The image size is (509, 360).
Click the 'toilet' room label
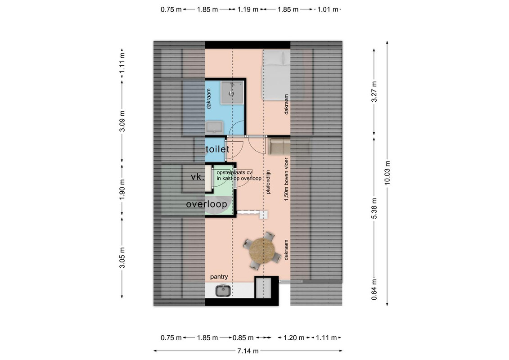tap(217, 149)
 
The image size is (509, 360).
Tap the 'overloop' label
tap(207, 204)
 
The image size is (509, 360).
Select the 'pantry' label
tap(219, 277)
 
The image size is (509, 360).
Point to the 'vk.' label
tap(198, 177)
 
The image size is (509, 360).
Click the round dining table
tap(262, 251)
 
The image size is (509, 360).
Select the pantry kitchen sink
tap(223, 290)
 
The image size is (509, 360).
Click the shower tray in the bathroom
tap(232, 93)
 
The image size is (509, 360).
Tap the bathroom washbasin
tap(214, 127)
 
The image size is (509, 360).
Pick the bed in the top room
tap(276, 75)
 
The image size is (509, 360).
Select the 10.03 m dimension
tap(387, 173)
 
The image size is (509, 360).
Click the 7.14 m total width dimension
tap(248, 351)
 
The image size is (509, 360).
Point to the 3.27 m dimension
tap(374, 92)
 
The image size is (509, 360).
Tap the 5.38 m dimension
tap(374, 208)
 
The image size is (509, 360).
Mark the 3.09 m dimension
tap(122, 121)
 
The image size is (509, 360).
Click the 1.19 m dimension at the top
tap(248, 9)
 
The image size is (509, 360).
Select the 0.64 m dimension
tap(374, 289)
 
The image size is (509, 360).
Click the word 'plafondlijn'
tap(268, 182)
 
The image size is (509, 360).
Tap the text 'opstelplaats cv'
tap(234, 173)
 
